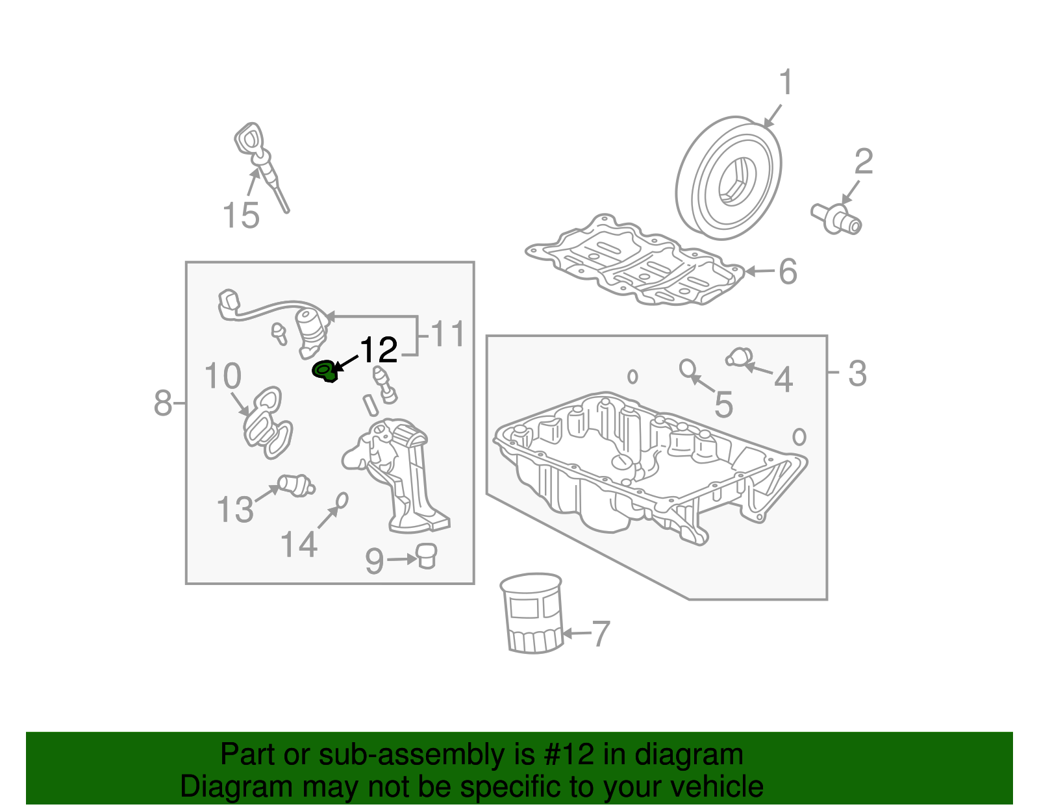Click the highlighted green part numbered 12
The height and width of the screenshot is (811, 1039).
pyautogui.click(x=325, y=372)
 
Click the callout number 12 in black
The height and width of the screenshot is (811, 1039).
pyautogui.click(x=378, y=351)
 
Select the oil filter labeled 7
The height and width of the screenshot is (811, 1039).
pyautogui.click(x=532, y=613)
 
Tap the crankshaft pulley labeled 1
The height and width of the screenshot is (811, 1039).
pyautogui.click(x=728, y=179)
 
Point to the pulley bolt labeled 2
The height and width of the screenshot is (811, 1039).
pyautogui.click(x=837, y=219)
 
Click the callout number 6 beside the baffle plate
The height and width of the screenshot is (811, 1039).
pyautogui.click(x=787, y=271)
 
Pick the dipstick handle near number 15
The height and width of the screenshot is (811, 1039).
pyautogui.click(x=249, y=139)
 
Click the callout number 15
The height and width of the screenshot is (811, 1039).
pyautogui.click(x=241, y=215)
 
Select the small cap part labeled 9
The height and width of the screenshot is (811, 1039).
pyautogui.click(x=426, y=556)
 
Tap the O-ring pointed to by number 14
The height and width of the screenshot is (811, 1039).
pyautogui.click(x=342, y=500)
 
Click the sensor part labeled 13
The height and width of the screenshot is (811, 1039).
pyautogui.click(x=295, y=485)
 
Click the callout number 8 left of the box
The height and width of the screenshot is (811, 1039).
pyautogui.click(x=163, y=403)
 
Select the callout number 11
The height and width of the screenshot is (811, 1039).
pyautogui.click(x=448, y=334)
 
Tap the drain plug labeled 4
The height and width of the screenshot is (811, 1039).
pyautogui.click(x=738, y=357)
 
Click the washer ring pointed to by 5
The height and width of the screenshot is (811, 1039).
pyautogui.click(x=687, y=368)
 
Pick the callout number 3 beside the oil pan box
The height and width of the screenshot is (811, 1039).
pyautogui.click(x=857, y=373)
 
